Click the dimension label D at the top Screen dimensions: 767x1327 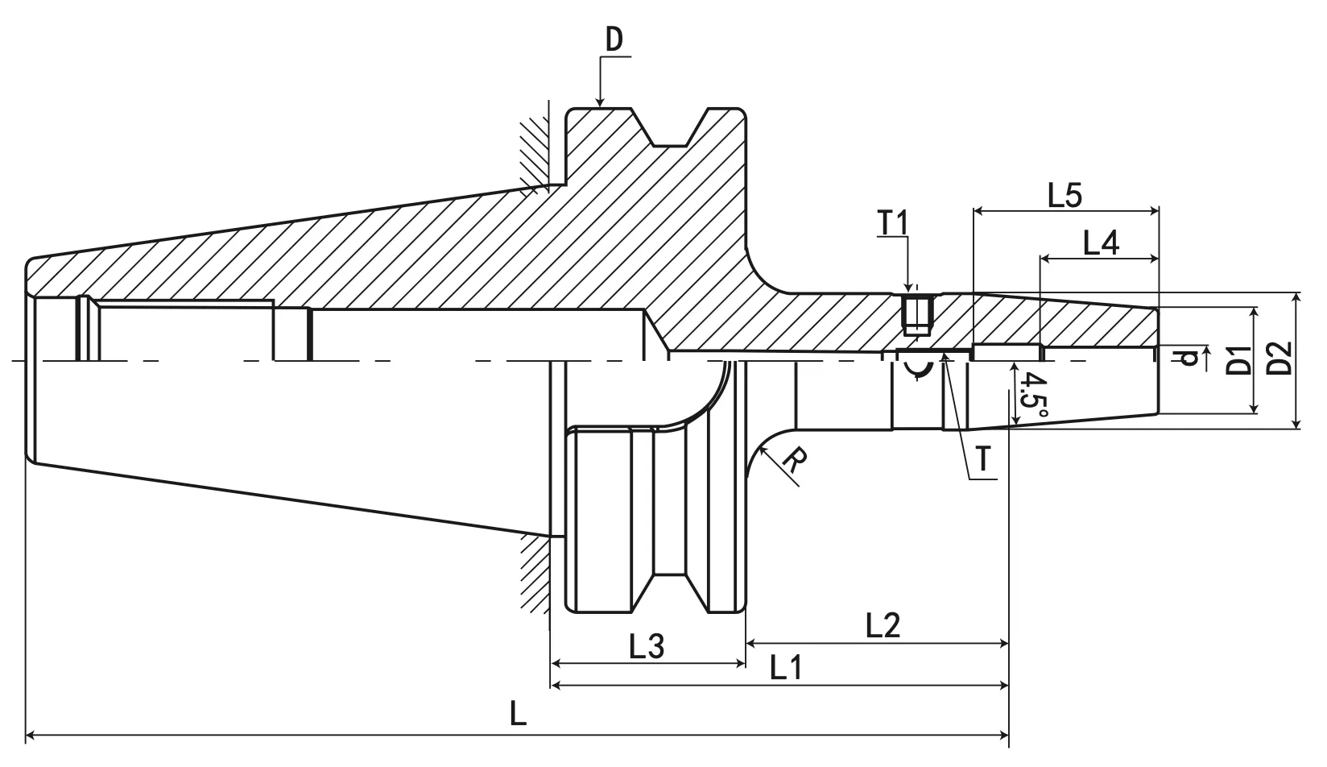[x=614, y=40]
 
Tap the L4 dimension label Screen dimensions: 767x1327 [x=1100, y=243]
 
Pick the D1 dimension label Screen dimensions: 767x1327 [x=1239, y=360]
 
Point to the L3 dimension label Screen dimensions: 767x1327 [x=646, y=646]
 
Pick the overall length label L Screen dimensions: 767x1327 [x=518, y=714]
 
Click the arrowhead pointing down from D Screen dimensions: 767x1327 [x=600, y=100]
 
